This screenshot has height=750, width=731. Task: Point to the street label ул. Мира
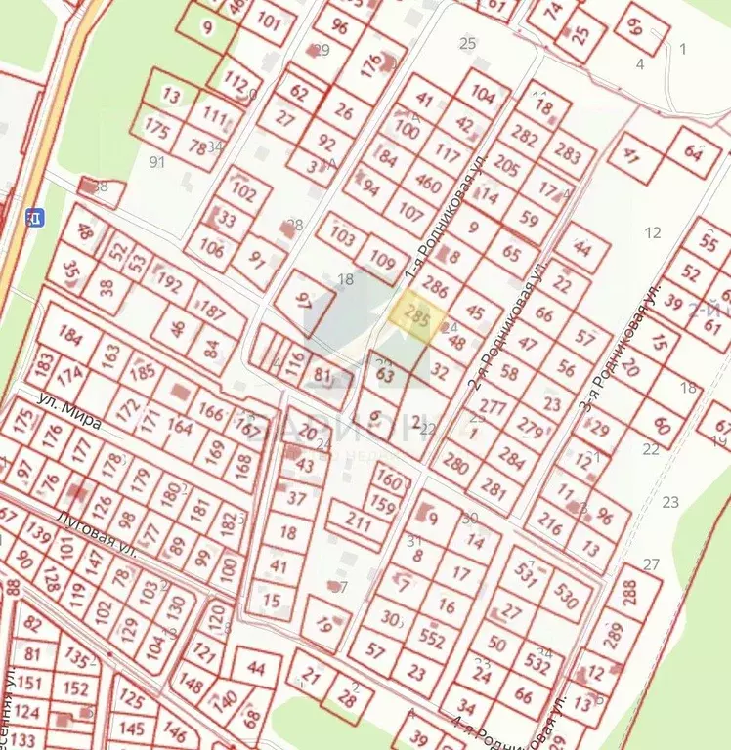tap(69, 410)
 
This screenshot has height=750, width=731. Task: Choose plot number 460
tap(428, 183)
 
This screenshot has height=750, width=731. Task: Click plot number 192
tap(169, 284)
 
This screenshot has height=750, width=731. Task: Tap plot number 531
tap(529, 578)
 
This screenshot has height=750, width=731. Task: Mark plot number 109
tap(384, 262)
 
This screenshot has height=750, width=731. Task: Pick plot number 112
tap(236, 80)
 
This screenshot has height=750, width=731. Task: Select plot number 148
tap(192, 686)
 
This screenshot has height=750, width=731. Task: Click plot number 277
tap(494, 407)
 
